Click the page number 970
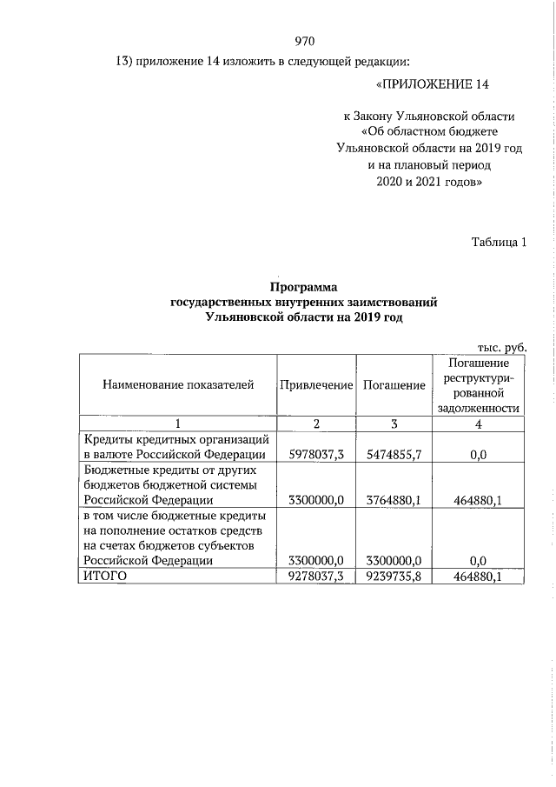(304, 42)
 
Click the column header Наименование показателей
(178, 385)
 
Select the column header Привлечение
(316, 385)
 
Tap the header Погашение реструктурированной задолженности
(480, 384)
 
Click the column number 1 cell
(177, 424)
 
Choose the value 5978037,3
(316, 454)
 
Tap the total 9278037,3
(316, 576)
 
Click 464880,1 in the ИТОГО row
(480, 576)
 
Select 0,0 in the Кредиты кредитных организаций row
(480, 454)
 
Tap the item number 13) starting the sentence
(128, 63)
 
